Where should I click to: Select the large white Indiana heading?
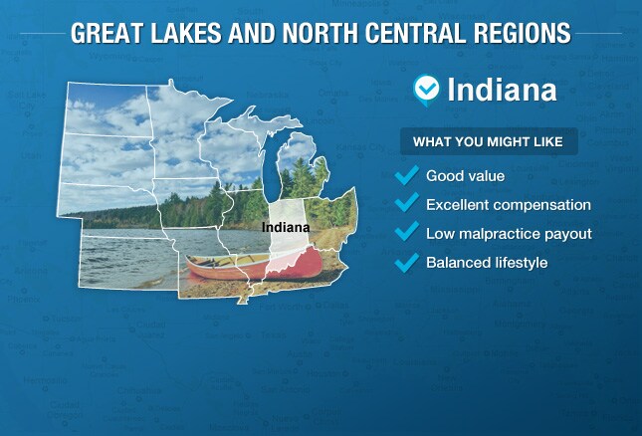click(502, 90)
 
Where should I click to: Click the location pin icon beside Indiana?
click(426, 90)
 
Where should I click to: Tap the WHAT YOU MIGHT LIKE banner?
click(489, 141)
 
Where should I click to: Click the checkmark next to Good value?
click(406, 175)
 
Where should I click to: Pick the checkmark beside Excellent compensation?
click(406, 202)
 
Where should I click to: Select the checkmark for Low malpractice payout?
click(406, 231)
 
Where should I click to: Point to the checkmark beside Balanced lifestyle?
click(406, 263)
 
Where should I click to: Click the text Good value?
click(465, 176)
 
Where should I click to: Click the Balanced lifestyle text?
click(487, 263)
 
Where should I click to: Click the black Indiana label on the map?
click(286, 227)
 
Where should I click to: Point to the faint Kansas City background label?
click(360, 147)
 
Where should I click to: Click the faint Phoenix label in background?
click(24, 299)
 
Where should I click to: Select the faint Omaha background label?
click(333, 93)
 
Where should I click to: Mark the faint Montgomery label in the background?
click(520, 324)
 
